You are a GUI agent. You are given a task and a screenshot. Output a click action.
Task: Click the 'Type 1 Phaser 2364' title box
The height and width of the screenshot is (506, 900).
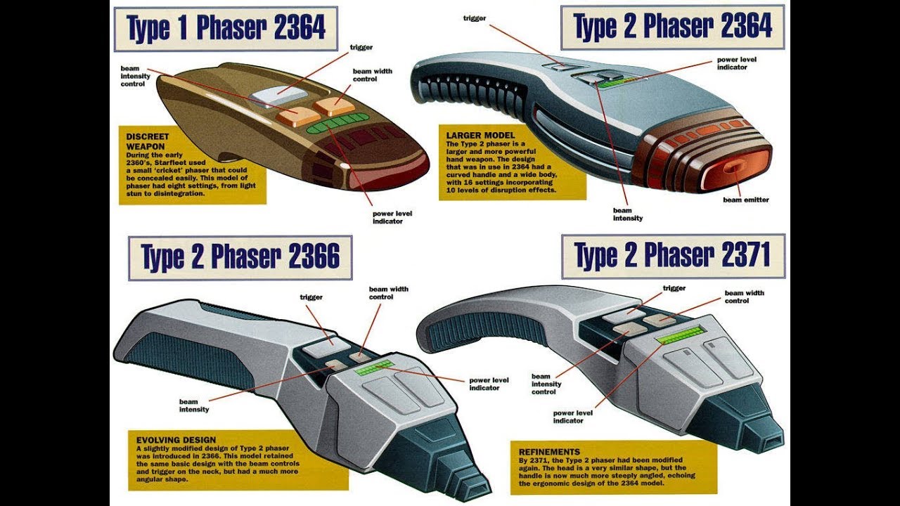(x=226, y=29)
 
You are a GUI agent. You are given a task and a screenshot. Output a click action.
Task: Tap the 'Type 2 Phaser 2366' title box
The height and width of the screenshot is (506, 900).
(x=240, y=257)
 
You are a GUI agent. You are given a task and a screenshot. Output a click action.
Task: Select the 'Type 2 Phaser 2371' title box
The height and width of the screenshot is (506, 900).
(x=673, y=256)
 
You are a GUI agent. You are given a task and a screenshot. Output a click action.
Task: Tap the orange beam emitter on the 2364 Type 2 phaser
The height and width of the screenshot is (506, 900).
(x=734, y=169)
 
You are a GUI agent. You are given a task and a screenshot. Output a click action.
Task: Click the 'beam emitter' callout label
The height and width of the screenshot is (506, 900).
(x=746, y=200)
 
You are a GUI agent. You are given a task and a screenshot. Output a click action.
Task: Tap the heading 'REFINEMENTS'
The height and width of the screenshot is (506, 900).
(x=549, y=451)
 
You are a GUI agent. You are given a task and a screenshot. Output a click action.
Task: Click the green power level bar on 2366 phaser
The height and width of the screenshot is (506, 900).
(x=373, y=367)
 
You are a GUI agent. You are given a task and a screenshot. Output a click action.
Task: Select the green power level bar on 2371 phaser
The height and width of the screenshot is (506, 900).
(x=681, y=335)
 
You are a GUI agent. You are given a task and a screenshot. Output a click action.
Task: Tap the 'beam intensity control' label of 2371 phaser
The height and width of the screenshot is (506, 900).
(x=546, y=384)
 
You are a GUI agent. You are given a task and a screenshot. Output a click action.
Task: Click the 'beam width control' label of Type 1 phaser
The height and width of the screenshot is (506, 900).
(x=373, y=75)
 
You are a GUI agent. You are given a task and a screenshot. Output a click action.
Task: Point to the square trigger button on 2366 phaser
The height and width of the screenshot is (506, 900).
(x=322, y=346)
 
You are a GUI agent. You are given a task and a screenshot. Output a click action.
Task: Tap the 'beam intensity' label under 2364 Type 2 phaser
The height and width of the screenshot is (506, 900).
(x=627, y=214)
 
